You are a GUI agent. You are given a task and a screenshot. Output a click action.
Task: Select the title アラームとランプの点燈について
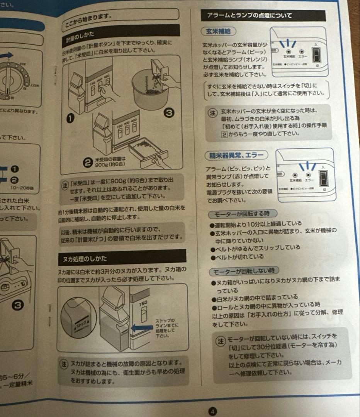pos(249,16)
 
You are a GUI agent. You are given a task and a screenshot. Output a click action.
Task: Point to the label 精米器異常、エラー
pos(236,155)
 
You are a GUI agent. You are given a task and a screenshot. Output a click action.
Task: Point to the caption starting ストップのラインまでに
pos(166,328)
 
